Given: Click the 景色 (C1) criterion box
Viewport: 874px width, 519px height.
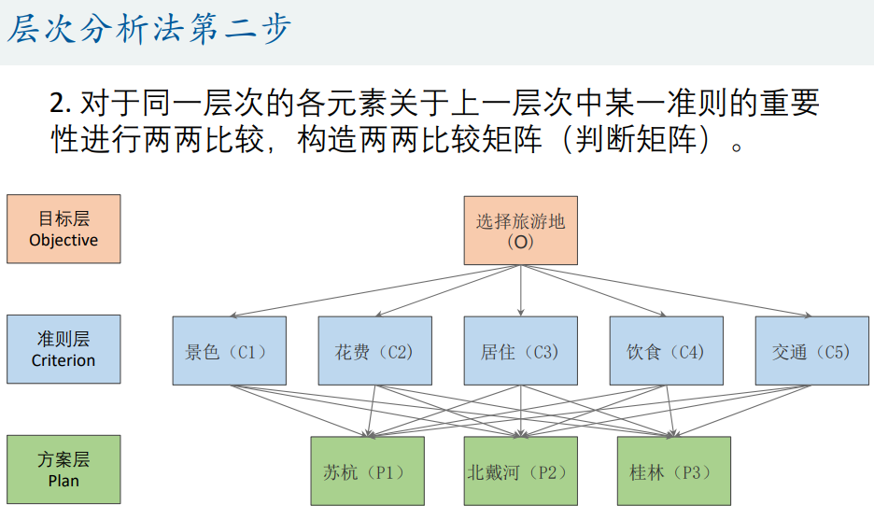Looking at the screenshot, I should coord(230,351).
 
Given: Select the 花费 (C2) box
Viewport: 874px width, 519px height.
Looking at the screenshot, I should coord(375,351).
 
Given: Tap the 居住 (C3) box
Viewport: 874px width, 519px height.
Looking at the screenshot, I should coord(521,351).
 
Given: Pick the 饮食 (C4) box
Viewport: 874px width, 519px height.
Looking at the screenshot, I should coord(667,351).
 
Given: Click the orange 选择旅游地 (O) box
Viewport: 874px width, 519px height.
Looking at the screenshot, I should coord(521,231).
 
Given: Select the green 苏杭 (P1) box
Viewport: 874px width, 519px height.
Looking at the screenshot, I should coord(367,471).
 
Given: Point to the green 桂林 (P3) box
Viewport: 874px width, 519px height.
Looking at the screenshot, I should coord(673,471).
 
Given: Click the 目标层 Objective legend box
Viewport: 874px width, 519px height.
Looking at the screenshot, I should coord(63,229).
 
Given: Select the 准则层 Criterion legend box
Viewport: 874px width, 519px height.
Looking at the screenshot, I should coord(63,349).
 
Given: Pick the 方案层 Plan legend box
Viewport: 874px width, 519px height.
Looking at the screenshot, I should coord(63,470).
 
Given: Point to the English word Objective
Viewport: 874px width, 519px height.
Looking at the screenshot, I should coord(63,240).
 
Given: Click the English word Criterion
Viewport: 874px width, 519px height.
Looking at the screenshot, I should coord(63,360).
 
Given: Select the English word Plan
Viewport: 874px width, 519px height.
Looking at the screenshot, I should coord(63,482).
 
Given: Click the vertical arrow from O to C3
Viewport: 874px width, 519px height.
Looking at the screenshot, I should coord(521,291).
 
